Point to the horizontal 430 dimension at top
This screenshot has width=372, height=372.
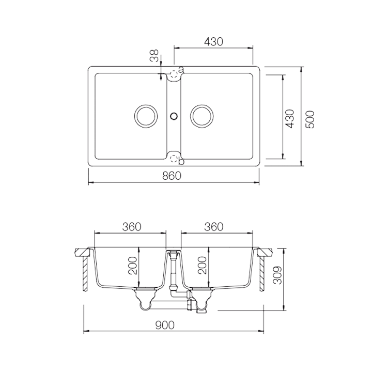[x=213, y=42]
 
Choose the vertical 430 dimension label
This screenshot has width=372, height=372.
[x=290, y=118]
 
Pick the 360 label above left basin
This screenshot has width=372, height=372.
[x=132, y=226]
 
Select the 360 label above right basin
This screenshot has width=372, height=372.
[x=213, y=226]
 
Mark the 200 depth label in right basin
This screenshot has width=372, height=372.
[x=203, y=266]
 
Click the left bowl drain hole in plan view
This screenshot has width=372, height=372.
[x=145, y=116]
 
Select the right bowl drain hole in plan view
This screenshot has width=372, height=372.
[x=202, y=116]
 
